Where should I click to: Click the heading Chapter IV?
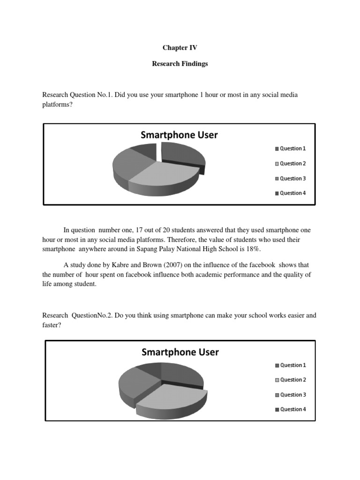click(x=180, y=48)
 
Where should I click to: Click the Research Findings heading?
click(x=180, y=64)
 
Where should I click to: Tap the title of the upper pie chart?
click(x=179, y=135)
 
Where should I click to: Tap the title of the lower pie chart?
click(x=180, y=352)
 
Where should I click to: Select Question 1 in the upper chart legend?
click(x=292, y=149)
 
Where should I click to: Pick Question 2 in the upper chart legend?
click(x=292, y=164)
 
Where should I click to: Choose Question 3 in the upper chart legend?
click(x=292, y=179)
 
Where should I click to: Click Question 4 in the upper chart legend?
click(x=292, y=193)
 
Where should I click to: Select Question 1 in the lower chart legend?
click(x=293, y=365)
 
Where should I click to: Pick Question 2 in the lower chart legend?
click(x=293, y=380)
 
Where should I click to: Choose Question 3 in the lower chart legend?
click(x=293, y=395)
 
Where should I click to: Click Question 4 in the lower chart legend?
click(x=293, y=409)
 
